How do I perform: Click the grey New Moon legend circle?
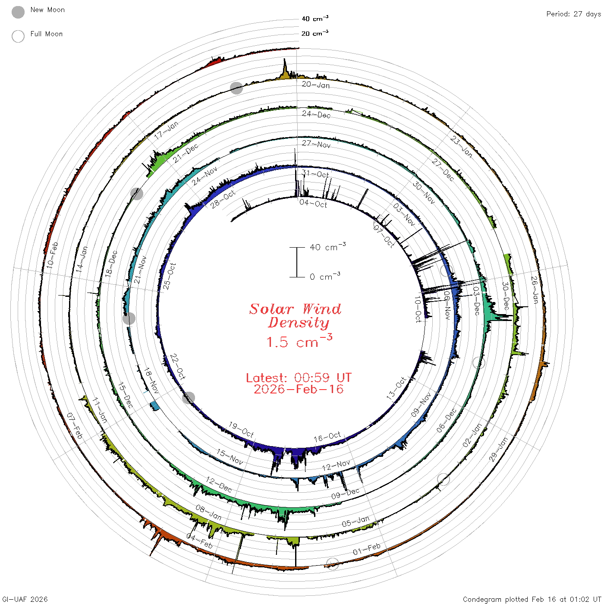18,12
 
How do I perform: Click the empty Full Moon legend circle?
18,36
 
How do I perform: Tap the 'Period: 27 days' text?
574,14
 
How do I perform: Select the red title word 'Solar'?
271,309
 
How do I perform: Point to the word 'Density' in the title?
299,323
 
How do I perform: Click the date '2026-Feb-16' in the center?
299,389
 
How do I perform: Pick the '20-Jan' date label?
316,85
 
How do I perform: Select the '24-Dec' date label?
316,114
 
